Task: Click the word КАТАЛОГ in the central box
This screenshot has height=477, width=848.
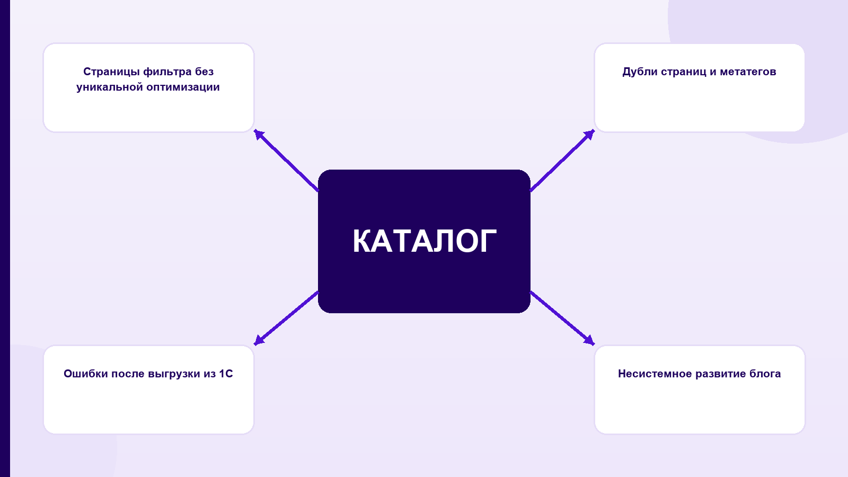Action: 425,241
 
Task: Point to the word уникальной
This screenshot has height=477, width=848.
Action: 110,87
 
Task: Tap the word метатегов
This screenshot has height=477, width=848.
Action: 748,72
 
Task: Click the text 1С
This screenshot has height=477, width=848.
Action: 226,374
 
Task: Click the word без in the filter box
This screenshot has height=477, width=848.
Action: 205,72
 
